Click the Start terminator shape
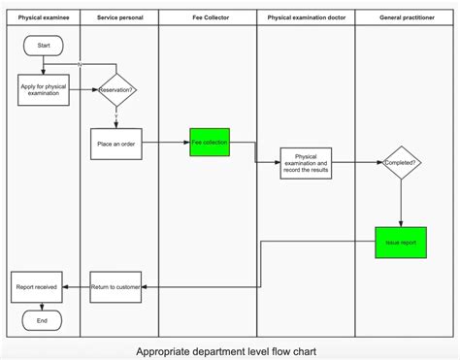(43, 46)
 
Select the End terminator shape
(42, 319)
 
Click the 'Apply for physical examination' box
(43, 90)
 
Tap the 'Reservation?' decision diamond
(116, 90)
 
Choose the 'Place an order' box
(116, 144)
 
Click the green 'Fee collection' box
(209, 143)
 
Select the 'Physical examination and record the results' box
(306, 162)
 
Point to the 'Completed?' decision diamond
(401, 163)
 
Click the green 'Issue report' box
(401, 242)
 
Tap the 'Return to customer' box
(116, 286)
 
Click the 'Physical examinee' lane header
(43, 17)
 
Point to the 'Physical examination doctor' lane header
(306, 17)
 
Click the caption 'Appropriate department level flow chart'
(226, 350)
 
